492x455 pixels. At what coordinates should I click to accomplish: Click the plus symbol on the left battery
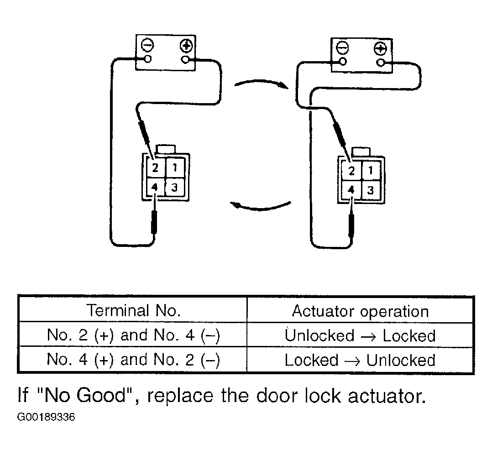click(x=186, y=46)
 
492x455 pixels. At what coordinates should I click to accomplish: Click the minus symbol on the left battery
click(x=147, y=45)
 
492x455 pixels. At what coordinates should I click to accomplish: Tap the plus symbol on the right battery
click(x=380, y=49)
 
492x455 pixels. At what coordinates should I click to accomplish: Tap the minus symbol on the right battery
click(x=342, y=48)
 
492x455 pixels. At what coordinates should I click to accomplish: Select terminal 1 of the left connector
click(x=175, y=168)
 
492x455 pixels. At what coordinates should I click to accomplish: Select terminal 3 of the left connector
click(x=175, y=187)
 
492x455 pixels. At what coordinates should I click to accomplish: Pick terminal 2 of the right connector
click(x=351, y=171)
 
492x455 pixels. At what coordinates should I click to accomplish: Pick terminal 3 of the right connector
click(x=371, y=190)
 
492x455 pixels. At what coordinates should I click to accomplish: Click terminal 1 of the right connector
click(x=371, y=170)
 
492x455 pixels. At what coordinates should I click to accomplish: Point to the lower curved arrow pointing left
click(x=261, y=208)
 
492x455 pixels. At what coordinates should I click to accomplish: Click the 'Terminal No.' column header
click(x=134, y=310)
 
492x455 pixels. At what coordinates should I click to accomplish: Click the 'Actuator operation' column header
click(x=360, y=311)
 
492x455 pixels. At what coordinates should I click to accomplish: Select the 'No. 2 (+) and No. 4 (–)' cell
click(x=133, y=335)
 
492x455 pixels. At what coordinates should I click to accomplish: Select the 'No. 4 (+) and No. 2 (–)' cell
click(x=133, y=360)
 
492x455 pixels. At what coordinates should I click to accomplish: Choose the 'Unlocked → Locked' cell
click(x=360, y=335)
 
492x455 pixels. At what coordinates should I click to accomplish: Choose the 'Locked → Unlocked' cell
click(x=360, y=360)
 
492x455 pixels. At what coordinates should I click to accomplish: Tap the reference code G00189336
click(x=46, y=417)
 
